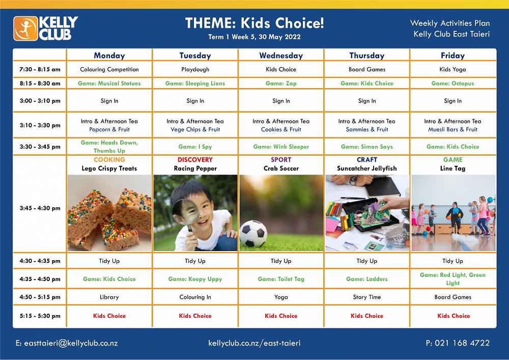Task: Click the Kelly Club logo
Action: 46,28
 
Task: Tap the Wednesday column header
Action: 281,56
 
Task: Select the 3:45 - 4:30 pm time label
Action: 40,208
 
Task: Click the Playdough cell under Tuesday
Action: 195,69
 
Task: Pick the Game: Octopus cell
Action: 453,84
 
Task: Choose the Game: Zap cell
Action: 281,84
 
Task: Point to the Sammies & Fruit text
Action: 366,129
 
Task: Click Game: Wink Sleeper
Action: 281,147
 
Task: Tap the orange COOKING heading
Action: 109,160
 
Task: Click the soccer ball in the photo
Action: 253,233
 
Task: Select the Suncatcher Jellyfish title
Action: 366,169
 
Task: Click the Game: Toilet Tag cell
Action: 281,279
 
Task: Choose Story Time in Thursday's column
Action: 366,297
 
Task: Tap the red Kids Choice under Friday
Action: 453,316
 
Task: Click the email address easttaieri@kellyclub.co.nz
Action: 67,343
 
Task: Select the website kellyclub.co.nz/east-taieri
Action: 254,343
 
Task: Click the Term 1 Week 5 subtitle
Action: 254,37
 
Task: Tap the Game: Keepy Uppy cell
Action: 195,279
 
